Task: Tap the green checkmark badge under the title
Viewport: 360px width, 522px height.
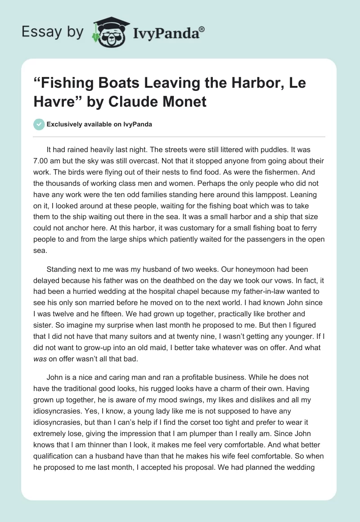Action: pyautogui.click(x=40, y=124)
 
